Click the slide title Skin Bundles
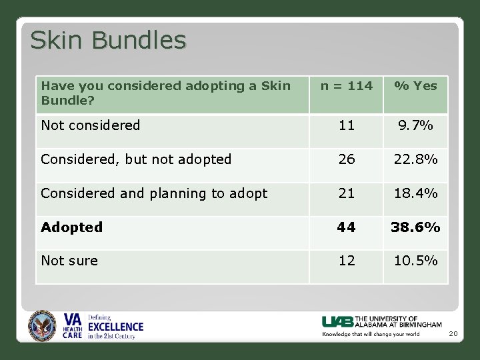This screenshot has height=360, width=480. [x=108, y=41]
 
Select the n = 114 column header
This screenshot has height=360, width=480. [x=346, y=85]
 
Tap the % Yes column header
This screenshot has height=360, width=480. [x=415, y=85]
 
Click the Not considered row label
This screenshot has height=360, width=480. [x=91, y=125]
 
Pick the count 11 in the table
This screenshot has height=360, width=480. [x=346, y=125]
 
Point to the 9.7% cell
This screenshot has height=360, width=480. [x=415, y=125]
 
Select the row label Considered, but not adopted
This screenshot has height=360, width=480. [x=136, y=159]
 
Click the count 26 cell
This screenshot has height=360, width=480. [x=346, y=159]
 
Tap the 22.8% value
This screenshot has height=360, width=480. [x=415, y=159]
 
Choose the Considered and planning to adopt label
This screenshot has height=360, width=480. [x=154, y=193]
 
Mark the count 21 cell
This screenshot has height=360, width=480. [x=346, y=193]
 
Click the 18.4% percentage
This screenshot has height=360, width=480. [x=415, y=193]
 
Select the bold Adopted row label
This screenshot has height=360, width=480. [x=72, y=227]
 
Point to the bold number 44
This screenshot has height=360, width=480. [x=346, y=227]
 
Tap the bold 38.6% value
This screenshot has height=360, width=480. [x=415, y=227]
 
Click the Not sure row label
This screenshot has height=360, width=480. [x=69, y=261]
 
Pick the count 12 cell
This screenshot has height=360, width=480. [x=346, y=261]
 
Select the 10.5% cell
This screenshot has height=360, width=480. [x=415, y=261]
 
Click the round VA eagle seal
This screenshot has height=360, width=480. [x=42, y=326]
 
